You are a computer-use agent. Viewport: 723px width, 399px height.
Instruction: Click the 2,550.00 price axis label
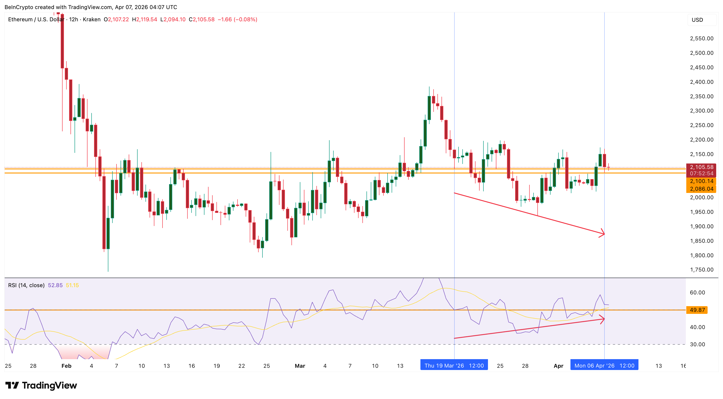click(701, 38)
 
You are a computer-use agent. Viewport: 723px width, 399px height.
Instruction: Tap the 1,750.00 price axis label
click(701, 270)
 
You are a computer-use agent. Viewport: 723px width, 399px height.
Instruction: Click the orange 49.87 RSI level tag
click(697, 310)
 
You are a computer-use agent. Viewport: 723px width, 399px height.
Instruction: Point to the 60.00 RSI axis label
click(697, 292)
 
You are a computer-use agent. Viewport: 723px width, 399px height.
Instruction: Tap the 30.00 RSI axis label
click(697, 344)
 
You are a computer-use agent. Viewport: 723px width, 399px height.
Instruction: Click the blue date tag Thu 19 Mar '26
click(454, 366)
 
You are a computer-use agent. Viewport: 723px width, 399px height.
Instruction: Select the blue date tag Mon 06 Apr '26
click(604, 366)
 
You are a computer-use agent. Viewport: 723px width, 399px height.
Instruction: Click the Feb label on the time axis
click(66, 366)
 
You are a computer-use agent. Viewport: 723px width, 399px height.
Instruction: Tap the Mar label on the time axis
click(300, 366)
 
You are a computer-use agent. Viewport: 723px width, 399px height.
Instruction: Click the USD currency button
click(697, 20)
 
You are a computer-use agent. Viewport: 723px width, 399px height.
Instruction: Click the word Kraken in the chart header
click(92, 19)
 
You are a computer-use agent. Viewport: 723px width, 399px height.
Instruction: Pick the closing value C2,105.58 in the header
click(201, 19)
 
